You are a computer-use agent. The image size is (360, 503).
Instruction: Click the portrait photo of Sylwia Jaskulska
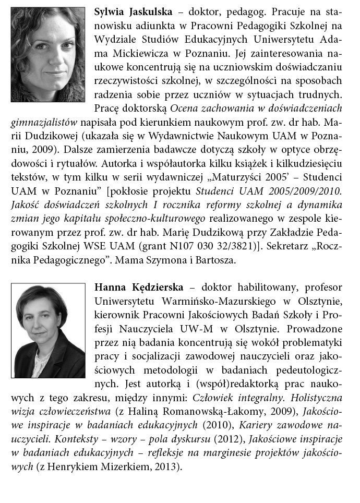(47, 54)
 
